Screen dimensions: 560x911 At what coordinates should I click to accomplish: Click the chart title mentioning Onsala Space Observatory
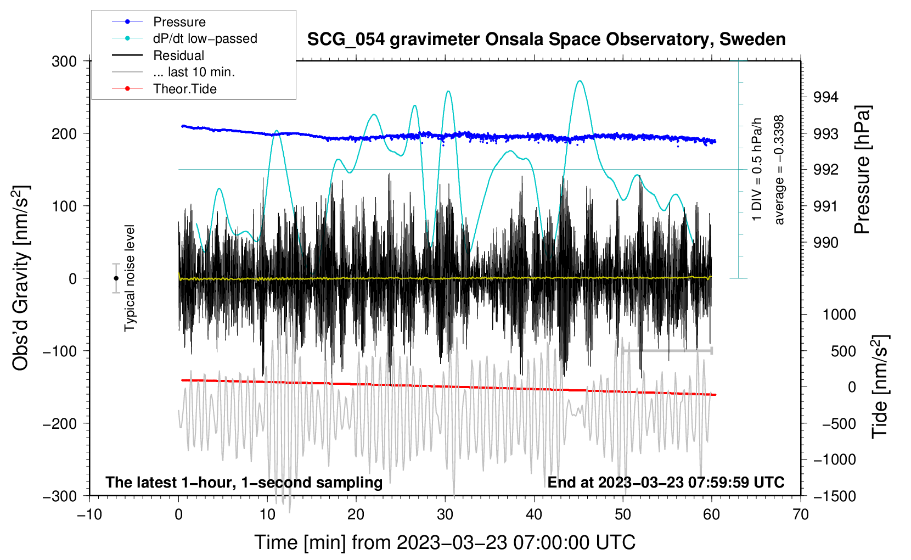[546, 40]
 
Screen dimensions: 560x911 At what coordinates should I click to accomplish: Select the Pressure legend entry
[179, 22]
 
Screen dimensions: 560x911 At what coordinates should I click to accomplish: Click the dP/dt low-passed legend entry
[205, 38]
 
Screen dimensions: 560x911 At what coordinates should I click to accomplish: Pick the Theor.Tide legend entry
[184, 89]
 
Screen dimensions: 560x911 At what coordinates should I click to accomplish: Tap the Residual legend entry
[178, 55]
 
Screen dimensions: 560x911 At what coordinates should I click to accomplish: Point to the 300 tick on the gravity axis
[64, 61]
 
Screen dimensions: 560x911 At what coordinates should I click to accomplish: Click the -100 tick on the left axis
[60, 351]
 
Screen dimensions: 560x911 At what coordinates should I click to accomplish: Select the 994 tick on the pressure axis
[825, 97]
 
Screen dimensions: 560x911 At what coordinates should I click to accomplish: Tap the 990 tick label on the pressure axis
[825, 242]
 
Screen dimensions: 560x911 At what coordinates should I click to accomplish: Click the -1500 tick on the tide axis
[834, 496]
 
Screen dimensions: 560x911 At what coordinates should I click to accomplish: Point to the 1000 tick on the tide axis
[839, 315]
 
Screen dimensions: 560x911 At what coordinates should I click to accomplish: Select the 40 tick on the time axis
[534, 514]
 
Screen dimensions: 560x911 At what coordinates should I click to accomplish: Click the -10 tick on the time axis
[89, 514]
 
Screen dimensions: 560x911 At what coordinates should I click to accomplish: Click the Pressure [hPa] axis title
[862, 170]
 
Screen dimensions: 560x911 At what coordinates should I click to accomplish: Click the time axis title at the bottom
[445, 542]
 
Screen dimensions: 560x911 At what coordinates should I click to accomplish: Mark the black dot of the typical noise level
[116, 278]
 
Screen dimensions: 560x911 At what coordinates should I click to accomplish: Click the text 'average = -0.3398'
[779, 170]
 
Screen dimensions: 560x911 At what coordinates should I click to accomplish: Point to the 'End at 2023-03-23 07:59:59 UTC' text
[666, 483]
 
